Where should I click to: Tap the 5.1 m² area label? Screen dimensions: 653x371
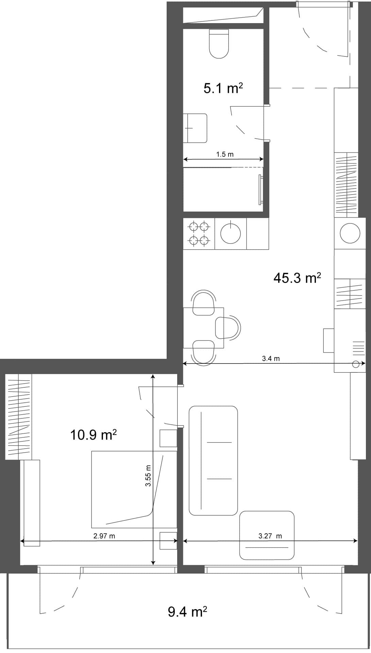[x=223, y=89]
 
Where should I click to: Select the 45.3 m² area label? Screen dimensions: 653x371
[x=297, y=278]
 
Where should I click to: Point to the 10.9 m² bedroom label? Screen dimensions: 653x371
[x=94, y=435]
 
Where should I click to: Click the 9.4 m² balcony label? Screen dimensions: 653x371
[x=187, y=612]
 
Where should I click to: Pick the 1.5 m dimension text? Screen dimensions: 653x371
[x=225, y=154]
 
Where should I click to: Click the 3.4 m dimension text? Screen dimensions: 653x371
[x=271, y=358]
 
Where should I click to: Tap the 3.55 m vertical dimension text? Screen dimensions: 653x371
[x=148, y=476]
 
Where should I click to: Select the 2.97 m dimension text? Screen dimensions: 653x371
[x=104, y=536]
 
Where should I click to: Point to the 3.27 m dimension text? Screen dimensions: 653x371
[x=270, y=536]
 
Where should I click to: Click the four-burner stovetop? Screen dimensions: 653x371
[x=199, y=233]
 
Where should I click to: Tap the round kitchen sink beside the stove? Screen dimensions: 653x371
[x=231, y=234]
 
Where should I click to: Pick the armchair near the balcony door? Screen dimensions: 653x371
[x=267, y=535]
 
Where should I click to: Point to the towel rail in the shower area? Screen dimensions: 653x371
[x=260, y=189]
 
